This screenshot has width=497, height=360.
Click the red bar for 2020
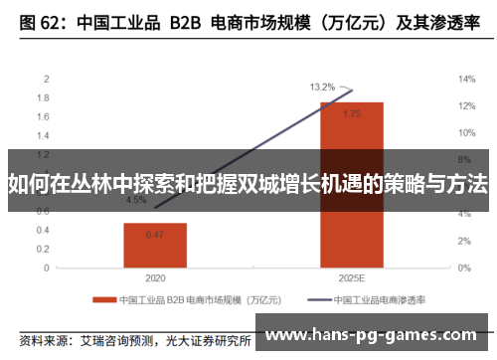155,244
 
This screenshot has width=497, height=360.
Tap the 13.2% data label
322,87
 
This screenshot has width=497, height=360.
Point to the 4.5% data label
135,200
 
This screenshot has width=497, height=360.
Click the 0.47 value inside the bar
155,235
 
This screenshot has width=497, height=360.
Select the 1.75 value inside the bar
351,114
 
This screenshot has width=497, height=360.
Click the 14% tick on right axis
465,79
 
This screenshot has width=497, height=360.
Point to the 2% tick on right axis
463,241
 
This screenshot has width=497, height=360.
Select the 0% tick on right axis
463,268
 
